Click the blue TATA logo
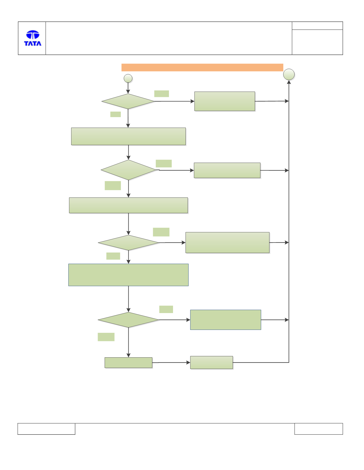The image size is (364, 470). (33, 38)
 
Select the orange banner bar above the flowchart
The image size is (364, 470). (202, 67)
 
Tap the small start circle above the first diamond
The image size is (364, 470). (128, 78)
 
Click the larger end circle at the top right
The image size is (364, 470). (289, 74)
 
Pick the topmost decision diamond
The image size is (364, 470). (128, 102)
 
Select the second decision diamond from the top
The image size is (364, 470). (129, 170)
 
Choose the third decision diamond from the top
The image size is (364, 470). (128, 243)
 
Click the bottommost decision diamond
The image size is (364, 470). (128, 320)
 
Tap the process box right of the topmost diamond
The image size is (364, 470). (225, 101)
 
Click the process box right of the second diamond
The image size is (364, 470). (227, 171)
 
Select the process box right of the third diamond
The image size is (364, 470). (227, 243)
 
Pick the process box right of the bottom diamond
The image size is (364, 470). (226, 320)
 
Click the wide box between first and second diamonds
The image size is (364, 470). (128, 136)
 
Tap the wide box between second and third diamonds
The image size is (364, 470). (128, 205)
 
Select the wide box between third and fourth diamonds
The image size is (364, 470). (128, 275)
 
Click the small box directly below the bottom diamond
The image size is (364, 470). (128, 363)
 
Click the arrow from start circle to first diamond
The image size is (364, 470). (128, 88)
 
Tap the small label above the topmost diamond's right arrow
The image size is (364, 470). (162, 94)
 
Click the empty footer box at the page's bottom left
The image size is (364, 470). (46, 429)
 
